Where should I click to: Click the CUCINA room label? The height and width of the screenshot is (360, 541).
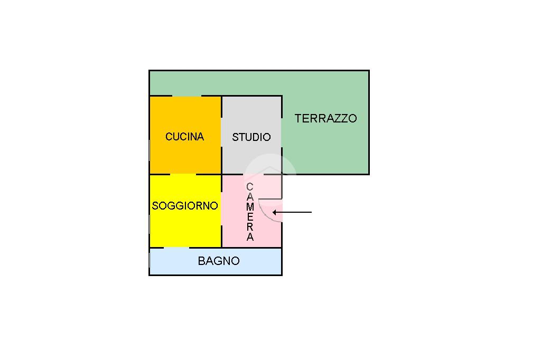coord(184,137)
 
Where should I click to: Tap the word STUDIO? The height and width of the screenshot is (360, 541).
coord(251,137)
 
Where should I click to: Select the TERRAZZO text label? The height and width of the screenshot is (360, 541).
coord(325,118)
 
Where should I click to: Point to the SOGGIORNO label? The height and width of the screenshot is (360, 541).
coord(185,206)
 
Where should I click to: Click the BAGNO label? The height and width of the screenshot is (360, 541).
coord(219,261)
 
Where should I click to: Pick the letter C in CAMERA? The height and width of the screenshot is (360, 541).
coord(250,187)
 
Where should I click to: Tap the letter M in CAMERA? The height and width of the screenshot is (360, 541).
coord(250,207)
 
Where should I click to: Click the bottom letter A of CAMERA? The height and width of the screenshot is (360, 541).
coord(250,237)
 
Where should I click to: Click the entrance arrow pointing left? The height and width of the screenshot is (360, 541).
coord(292,212)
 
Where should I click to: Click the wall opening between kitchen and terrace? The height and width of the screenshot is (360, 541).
coord(186,96)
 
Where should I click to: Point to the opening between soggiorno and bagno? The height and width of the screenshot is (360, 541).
coord(176,248)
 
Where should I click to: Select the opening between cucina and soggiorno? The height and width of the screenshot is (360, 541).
coord(183,174)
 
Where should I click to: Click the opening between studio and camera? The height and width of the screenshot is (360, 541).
coord(254,174)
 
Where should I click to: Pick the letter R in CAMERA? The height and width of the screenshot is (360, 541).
coord(250,227)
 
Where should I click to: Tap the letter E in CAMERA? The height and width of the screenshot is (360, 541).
coord(250,217)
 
